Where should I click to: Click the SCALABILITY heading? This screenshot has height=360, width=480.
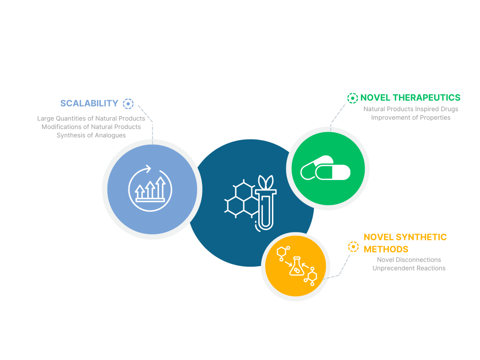89,103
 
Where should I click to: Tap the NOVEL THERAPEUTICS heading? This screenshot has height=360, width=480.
410,97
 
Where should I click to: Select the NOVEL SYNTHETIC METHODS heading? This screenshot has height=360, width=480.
405,243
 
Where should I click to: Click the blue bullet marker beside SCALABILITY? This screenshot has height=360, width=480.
128,104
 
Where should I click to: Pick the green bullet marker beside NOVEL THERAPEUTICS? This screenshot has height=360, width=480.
352,98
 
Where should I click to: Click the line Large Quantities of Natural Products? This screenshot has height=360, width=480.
91,119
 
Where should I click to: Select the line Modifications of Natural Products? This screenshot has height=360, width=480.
91,127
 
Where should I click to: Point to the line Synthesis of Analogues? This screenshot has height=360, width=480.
91,135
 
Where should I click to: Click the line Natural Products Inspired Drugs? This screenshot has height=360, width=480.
411,109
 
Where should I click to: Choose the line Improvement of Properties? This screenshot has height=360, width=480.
411,118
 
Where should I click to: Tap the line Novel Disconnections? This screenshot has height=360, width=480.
409,260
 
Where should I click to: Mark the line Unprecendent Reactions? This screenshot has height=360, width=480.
409,268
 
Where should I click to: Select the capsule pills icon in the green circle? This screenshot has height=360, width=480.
325,171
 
